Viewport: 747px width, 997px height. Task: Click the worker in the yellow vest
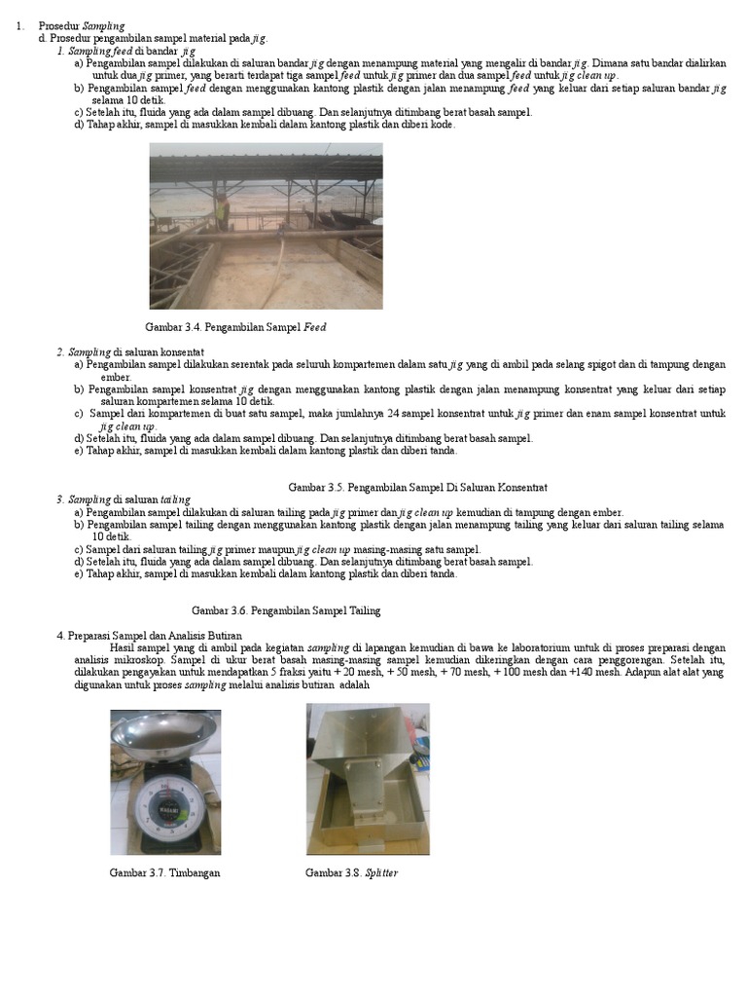point(222,206)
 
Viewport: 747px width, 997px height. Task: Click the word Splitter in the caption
point(381,872)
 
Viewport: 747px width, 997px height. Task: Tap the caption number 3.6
point(239,610)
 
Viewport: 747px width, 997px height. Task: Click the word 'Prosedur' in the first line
point(58,24)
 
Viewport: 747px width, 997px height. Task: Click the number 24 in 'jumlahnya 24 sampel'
point(395,414)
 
